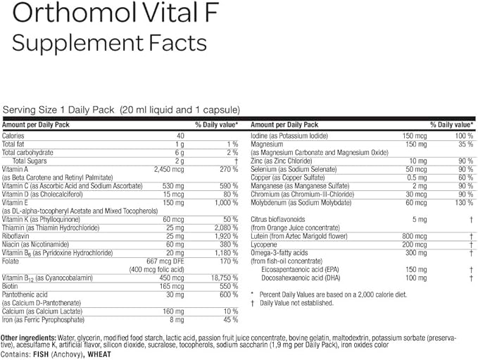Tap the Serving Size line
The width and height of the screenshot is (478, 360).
pos(122,110)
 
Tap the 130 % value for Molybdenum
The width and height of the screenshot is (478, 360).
pos(462,202)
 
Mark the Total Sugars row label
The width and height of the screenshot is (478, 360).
pos(28,161)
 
